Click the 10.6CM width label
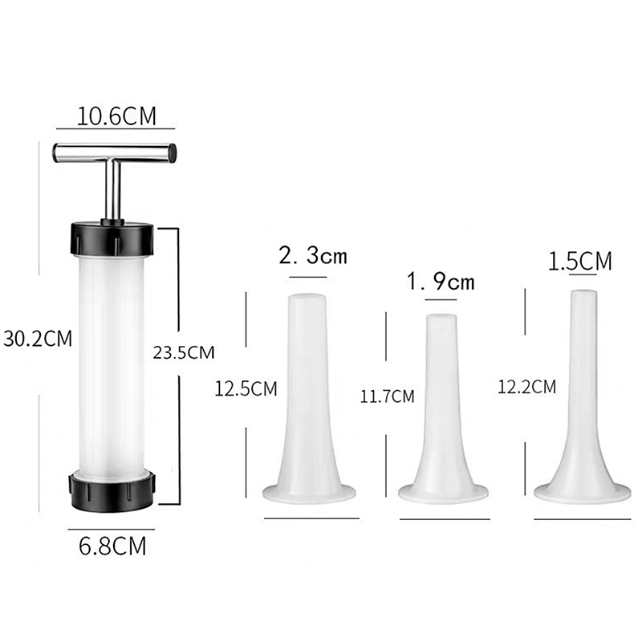(x=116, y=116)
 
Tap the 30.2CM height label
(x=38, y=339)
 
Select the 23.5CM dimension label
(x=184, y=352)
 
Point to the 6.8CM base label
(x=112, y=546)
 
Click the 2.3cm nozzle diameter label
(x=313, y=255)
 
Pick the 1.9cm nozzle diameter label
(x=441, y=282)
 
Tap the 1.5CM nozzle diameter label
(x=579, y=261)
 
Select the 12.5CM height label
(x=246, y=388)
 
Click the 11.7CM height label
(x=387, y=396)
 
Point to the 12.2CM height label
(x=527, y=387)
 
